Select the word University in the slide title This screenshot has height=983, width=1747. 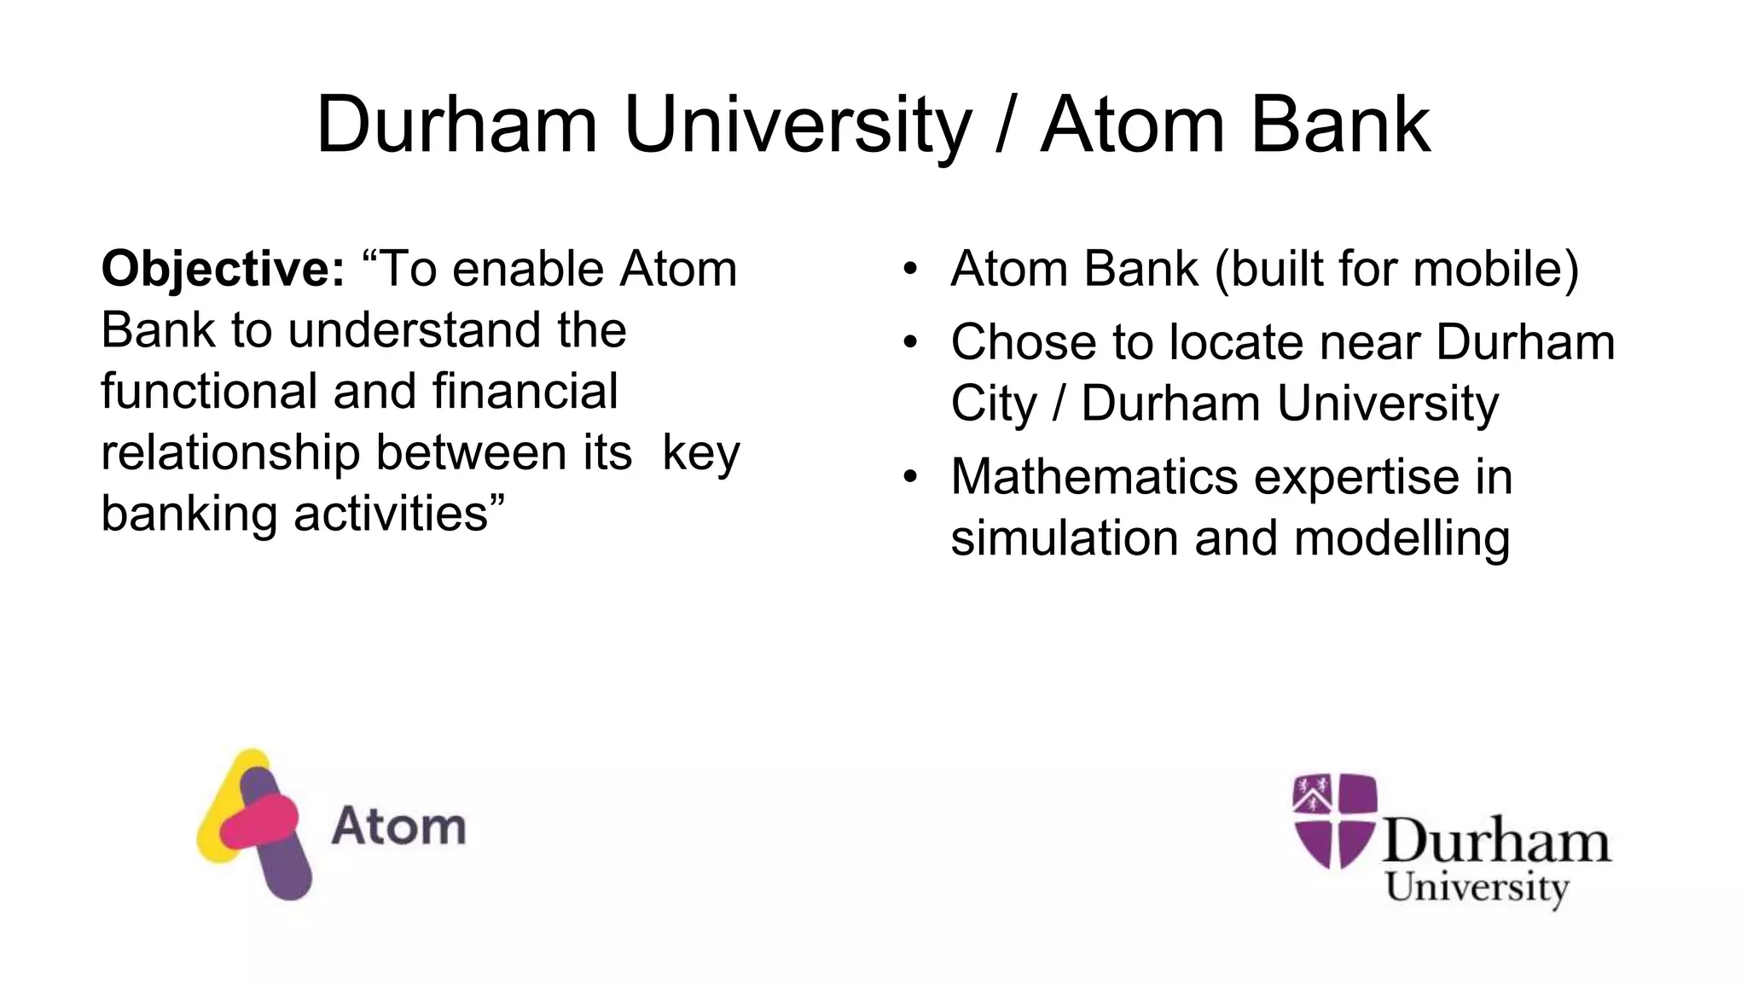(x=798, y=125)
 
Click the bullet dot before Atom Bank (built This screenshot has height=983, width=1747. (x=910, y=270)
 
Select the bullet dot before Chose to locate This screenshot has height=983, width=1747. (x=910, y=343)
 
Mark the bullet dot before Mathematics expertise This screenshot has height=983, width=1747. (x=910, y=478)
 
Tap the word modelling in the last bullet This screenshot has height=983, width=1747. (x=1402, y=538)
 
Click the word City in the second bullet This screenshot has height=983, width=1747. (x=994, y=404)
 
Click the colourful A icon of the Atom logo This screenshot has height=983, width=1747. (x=252, y=823)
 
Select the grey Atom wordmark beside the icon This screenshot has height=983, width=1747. (x=398, y=826)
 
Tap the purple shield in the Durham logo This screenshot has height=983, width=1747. (x=1334, y=820)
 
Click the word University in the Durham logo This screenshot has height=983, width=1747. (x=1477, y=887)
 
